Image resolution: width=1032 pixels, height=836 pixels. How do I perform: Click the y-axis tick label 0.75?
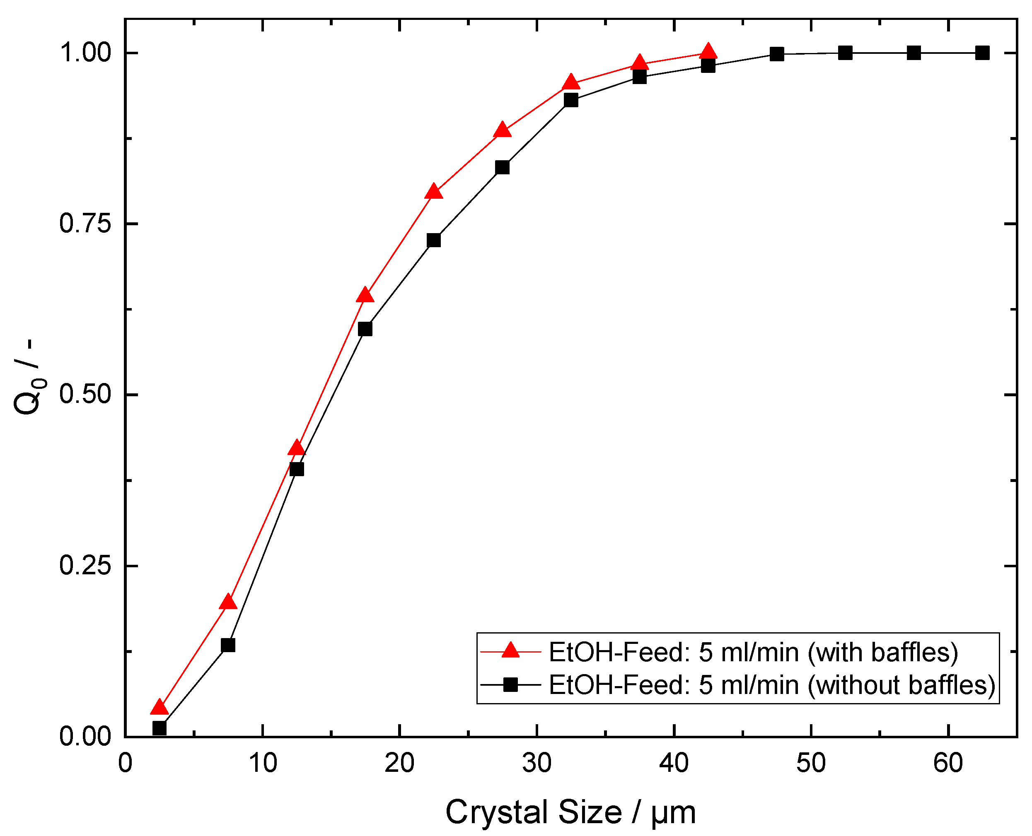(85, 224)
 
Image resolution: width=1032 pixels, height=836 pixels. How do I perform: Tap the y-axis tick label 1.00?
(85, 53)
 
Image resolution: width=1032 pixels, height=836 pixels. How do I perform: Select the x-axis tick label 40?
(674, 763)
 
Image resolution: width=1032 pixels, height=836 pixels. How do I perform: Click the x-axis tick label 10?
(263, 763)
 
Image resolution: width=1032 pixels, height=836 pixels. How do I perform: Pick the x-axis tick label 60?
(947, 763)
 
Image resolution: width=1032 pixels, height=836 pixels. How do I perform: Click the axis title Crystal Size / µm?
(570, 812)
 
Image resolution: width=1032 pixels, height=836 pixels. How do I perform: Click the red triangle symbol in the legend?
(511, 650)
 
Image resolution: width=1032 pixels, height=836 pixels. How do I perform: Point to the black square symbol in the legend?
(511, 684)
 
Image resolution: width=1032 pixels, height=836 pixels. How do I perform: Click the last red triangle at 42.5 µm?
(708, 51)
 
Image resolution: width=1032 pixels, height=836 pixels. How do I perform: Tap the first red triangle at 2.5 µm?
(160, 707)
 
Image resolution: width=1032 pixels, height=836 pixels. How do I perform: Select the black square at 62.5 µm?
(982, 53)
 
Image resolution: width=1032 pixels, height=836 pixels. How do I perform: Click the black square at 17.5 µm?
(365, 329)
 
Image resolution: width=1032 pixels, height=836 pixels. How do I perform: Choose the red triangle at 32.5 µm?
(571, 83)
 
